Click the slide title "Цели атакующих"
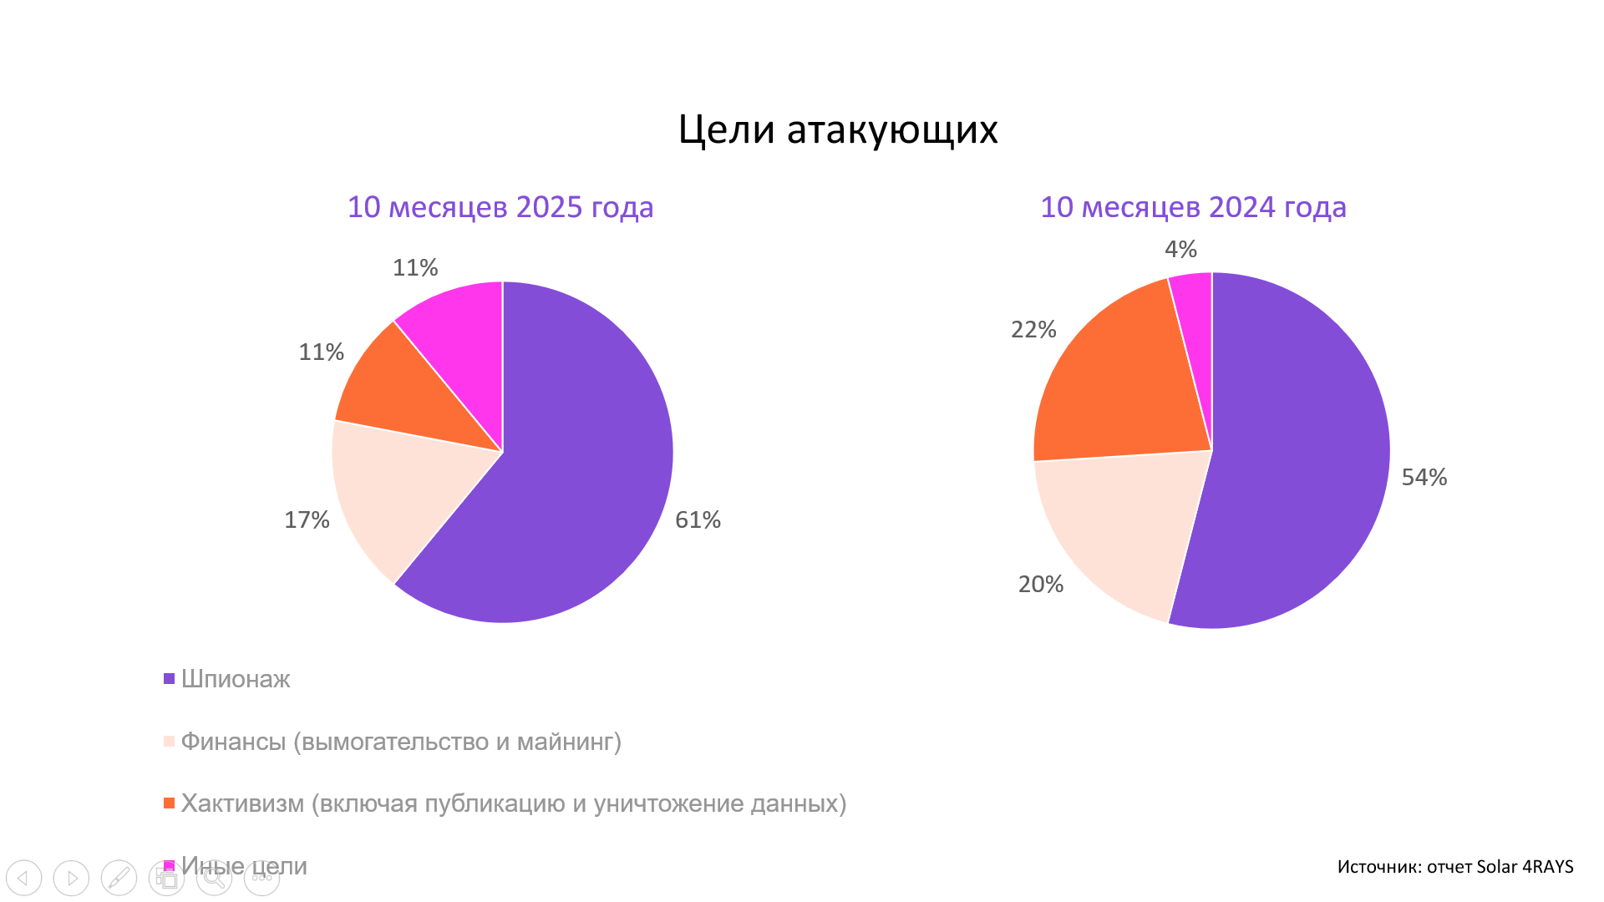tap(838, 130)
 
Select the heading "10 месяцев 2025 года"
tap(500, 207)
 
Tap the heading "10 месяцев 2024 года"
tap(1193, 207)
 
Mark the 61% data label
tap(698, 519)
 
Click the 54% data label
tap(1424, 477)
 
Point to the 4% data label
tap(1181, 249)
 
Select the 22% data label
tap(1034, 329)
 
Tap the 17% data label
tap(307, 519)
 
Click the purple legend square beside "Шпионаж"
tap(169, 679)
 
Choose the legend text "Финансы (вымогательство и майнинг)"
tap(401, 742)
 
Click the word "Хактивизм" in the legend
tap(243, 803)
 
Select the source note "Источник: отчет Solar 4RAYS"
tap(1455, 867)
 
